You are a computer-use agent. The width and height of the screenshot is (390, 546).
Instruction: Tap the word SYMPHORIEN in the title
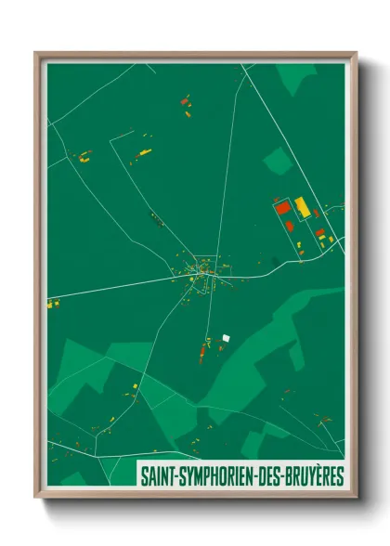(214, 476)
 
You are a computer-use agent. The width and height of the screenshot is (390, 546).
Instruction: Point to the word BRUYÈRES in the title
(317, 476)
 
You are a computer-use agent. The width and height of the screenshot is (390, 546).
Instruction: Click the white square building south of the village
(226, 337)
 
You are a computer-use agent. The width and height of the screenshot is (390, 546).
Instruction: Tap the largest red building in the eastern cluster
(283, 209)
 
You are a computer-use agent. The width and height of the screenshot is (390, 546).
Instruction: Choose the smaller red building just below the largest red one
(289, 226)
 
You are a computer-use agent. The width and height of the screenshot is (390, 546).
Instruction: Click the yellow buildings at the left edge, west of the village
(53, 303)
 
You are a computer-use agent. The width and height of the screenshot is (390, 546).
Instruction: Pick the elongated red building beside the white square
(201, 352)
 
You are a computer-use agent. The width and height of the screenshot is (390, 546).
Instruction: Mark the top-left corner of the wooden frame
(36, 53)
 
